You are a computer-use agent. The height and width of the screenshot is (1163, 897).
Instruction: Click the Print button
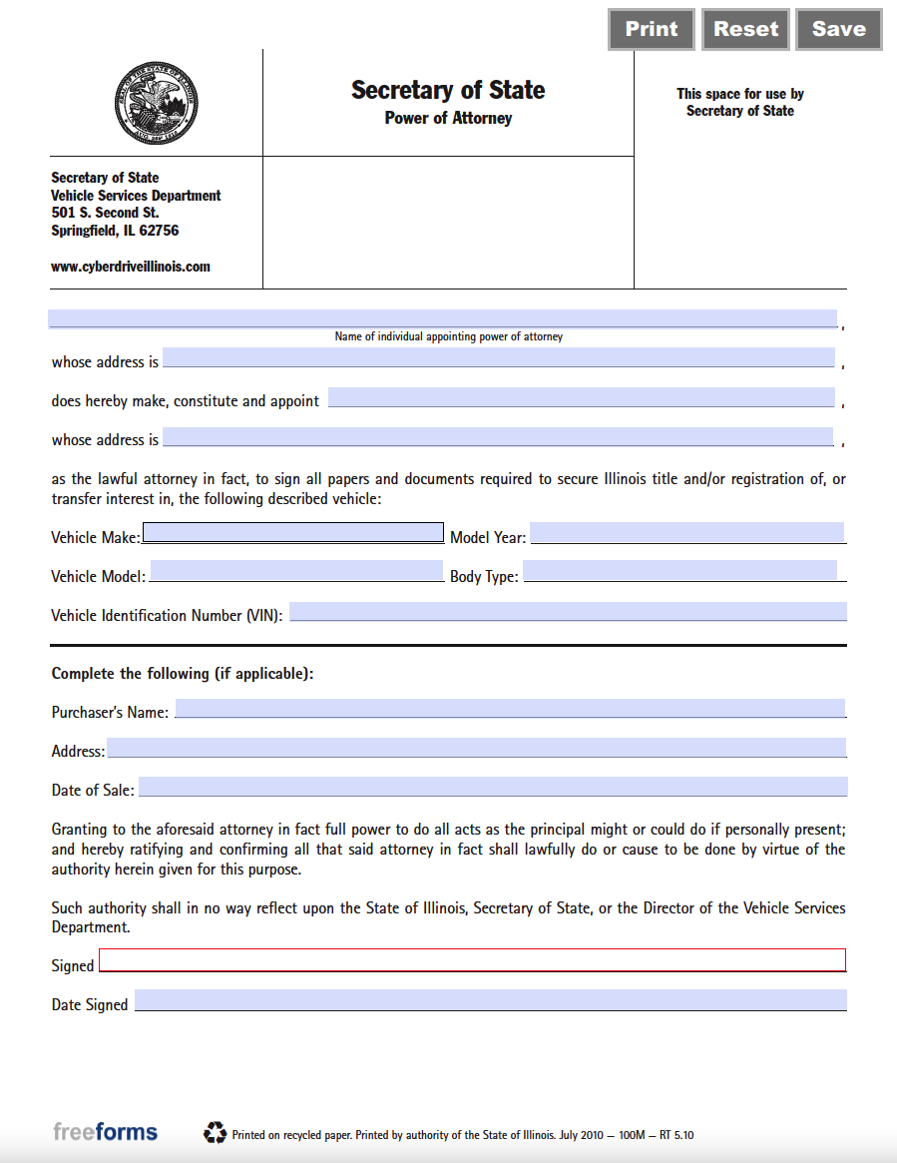tap(652, 30)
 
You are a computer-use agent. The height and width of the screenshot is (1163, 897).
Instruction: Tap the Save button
tap(838, 30)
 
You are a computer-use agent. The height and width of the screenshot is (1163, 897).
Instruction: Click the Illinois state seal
tap(157, 104)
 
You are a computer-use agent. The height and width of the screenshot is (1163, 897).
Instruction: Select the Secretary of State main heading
tap(448, 90)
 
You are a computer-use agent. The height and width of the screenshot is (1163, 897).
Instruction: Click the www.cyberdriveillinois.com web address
tap(131, 267)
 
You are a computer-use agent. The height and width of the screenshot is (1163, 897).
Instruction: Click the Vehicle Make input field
tap(293, 533)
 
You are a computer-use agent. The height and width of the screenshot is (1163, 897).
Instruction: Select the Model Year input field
tap(686, 533)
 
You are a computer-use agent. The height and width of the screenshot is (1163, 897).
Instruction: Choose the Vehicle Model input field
tap(296, 571)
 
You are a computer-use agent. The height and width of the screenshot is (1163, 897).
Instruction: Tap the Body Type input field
tap(679, 571)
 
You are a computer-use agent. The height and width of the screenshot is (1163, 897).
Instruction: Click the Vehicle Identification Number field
tap(568, 612)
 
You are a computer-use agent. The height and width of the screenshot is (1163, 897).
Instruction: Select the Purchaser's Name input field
tap(510, 709)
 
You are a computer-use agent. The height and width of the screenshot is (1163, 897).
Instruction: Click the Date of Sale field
tap(492, 787)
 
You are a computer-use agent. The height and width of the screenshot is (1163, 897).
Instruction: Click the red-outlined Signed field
tap(472, 960)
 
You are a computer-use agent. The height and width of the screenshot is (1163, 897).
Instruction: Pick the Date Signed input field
tap(490, 1000)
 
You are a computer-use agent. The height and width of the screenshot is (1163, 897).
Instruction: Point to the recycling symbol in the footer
tap(215, 1132)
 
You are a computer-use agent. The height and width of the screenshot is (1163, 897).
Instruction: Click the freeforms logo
tap(105, 1132)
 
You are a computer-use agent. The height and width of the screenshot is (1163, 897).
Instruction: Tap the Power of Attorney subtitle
tap(448, 118)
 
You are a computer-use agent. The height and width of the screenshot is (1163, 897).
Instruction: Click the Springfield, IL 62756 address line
tap(115, 231)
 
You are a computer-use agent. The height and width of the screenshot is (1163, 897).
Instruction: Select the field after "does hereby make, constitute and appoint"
tap(581, 397)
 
